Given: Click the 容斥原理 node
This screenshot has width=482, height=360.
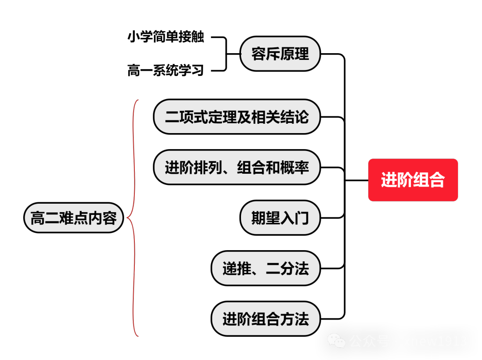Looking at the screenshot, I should [x=280, y=54].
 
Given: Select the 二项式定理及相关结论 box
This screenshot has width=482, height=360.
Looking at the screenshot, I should [x=237, y=117].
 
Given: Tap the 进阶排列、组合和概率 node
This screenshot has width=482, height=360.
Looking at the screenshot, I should [x=237, y=167].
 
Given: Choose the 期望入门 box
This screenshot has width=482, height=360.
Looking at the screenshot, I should [x=280, y=218].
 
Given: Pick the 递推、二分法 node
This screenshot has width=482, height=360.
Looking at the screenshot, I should [x=266, y=268].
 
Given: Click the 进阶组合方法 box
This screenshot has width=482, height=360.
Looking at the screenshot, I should [x=266, y=319].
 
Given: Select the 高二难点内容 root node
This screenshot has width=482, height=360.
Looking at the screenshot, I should [x=74, y=218].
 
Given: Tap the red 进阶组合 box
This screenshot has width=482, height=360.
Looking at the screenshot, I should [x=413, y=180].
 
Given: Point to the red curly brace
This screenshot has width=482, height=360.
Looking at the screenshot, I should [x=134, y=218].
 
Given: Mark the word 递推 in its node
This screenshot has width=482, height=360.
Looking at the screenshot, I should [x=237, y=268].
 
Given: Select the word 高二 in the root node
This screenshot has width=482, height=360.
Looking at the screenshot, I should [x=45, y=218].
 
